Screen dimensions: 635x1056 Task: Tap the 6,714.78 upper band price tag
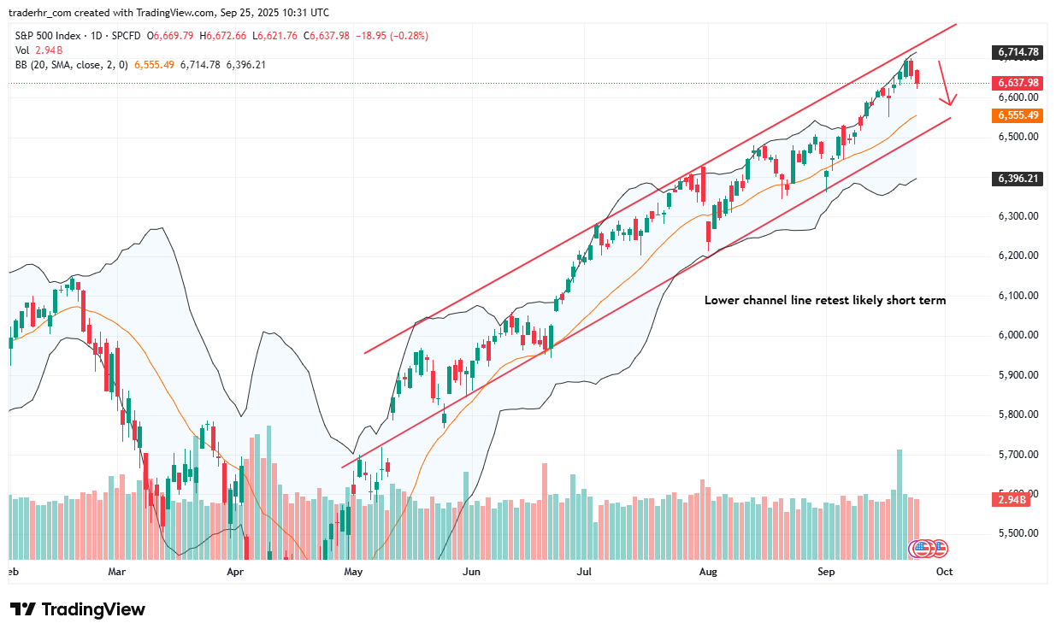click(1017, 52)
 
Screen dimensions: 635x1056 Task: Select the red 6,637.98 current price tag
click(1017, 83)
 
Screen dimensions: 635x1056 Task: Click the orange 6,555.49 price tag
click(1017, 115)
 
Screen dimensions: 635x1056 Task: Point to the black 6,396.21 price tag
click(1017, 179)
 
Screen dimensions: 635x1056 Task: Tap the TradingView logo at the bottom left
click(78, 609)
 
